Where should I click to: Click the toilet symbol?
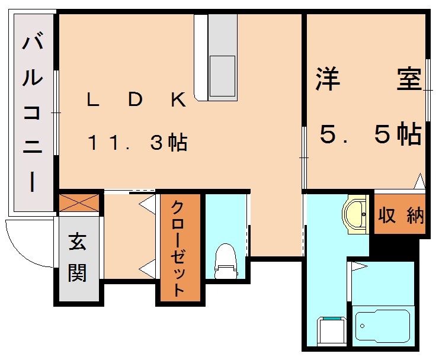pos(225,261)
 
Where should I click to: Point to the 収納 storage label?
pos(402,216)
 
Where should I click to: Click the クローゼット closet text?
pos(178,249)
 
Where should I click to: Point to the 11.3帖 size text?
pos(137,143)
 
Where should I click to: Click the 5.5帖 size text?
pos(370,136)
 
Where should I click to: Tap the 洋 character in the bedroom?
pos(328,80)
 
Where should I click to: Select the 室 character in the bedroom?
pos(409,80)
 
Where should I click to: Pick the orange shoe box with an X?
pos(79,202)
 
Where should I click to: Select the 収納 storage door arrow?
pos(419,181)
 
